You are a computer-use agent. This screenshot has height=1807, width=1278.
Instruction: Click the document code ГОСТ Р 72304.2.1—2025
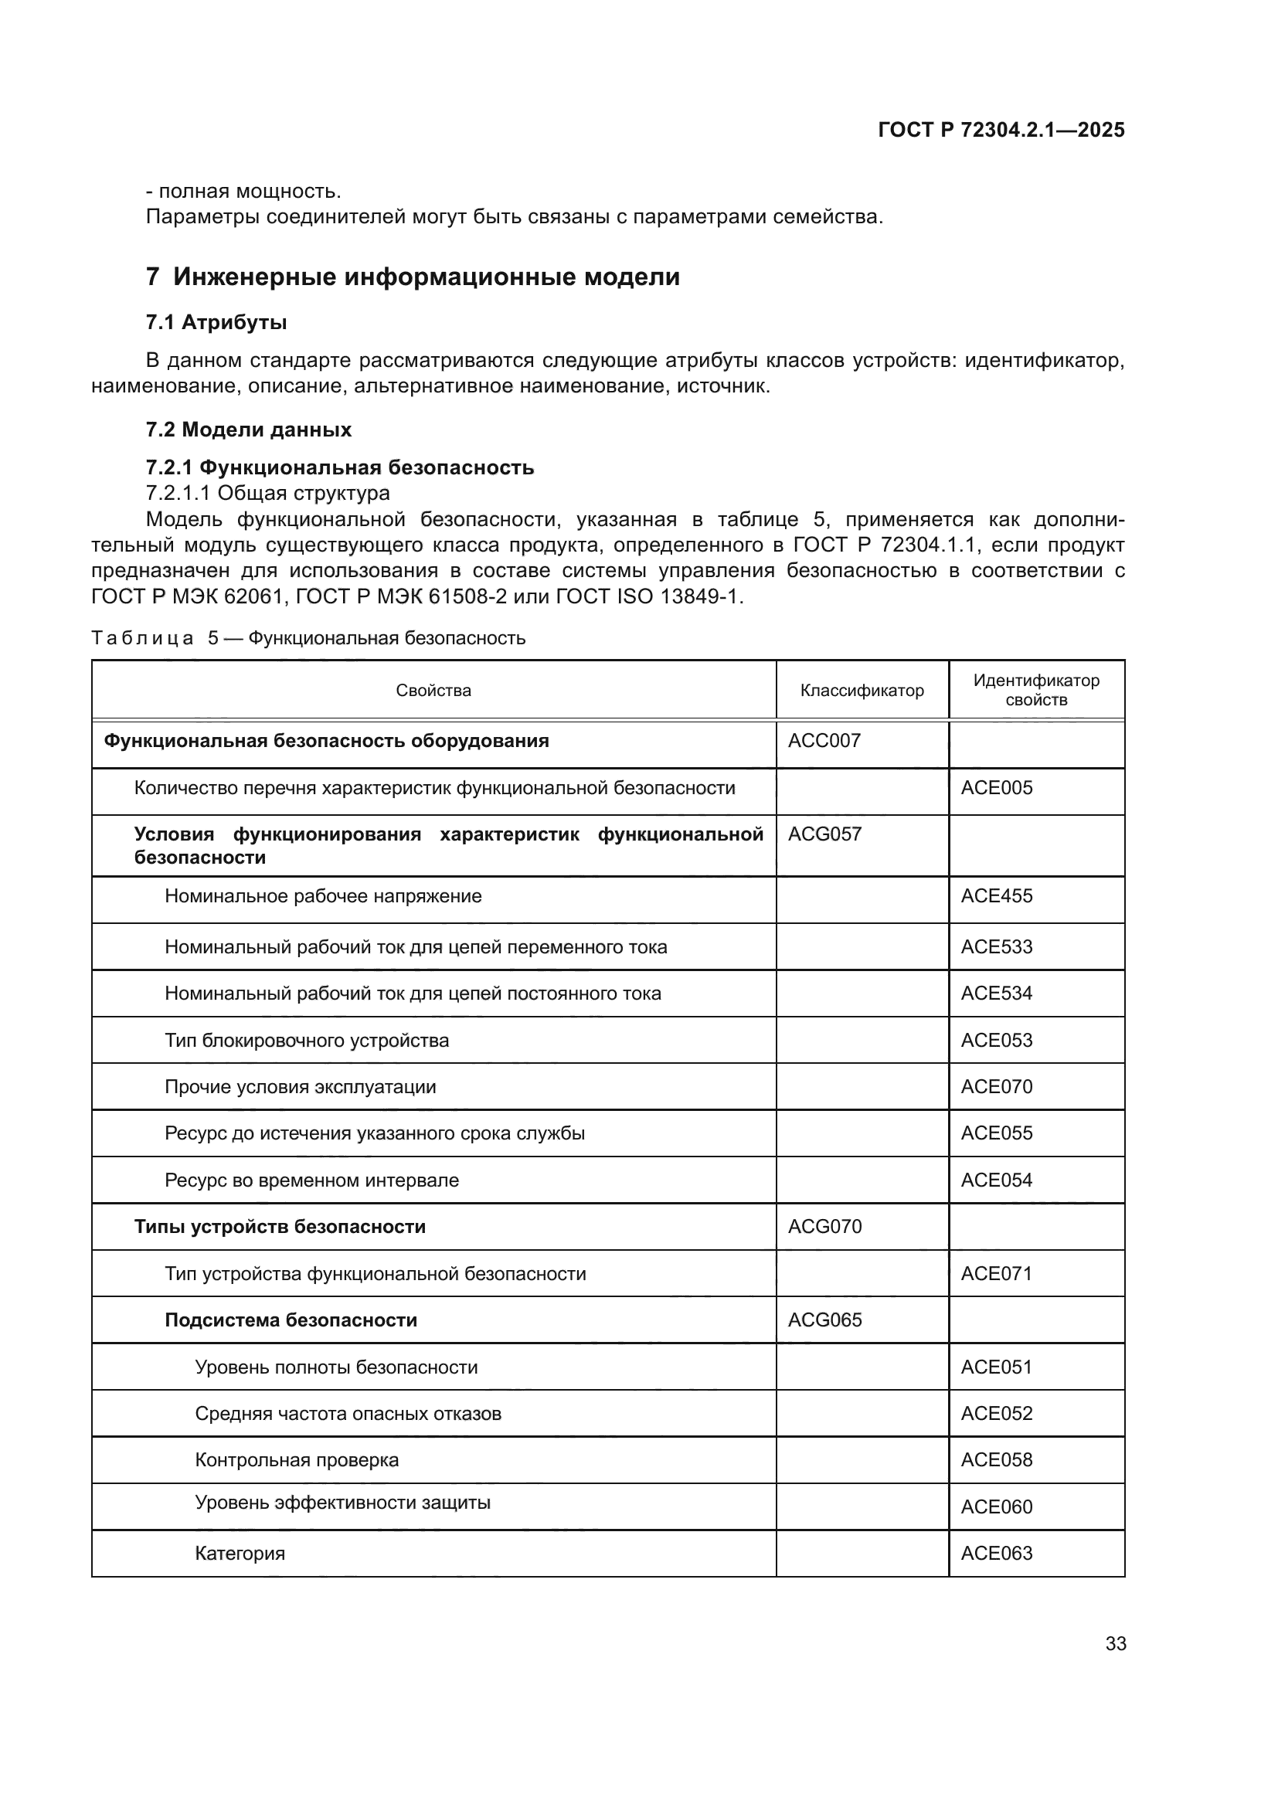(1001, 130)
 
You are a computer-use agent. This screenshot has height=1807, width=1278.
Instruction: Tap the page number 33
(1115, 1644)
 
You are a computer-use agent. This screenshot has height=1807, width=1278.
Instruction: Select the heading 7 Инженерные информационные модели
(413, 277)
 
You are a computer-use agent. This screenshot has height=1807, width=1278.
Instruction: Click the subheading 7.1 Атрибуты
(216, 323)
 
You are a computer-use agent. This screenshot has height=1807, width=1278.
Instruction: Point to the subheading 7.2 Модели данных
(249, 430)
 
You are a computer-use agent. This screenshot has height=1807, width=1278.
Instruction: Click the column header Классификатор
(862, 690)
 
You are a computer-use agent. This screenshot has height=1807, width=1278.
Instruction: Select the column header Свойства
(433, 690)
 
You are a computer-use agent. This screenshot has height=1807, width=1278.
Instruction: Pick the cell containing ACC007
(824, 741)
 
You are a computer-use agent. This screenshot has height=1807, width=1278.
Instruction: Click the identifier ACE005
(996, 788)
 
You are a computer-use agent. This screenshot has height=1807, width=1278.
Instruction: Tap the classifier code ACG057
(824, 834)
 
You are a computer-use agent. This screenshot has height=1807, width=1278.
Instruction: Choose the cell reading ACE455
(996, 896)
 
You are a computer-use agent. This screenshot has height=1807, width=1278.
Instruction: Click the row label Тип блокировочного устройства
(307, 1041)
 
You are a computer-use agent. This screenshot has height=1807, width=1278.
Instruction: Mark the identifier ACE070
(996, 1087)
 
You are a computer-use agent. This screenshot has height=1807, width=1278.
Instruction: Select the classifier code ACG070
(824, 1227)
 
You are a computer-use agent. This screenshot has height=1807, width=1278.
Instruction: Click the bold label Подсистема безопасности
(291, 1320)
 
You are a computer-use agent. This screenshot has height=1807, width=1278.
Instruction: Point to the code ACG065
(824, 1320)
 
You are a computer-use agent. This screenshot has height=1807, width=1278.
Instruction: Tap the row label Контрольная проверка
(297, 1461)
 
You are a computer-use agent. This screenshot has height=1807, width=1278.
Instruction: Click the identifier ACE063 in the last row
(996, 1554)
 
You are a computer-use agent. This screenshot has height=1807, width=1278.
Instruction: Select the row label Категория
(240, 1554)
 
